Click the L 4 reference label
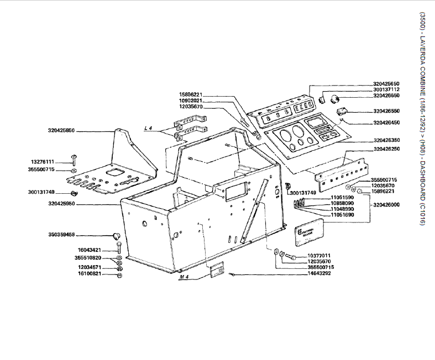click(x=148, y=129)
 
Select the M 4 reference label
click(x=184, y=276)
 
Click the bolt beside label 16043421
click(x=119, y=249)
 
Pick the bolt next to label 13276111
click(x=74, y=160)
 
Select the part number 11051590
click(x=343, y=197)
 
